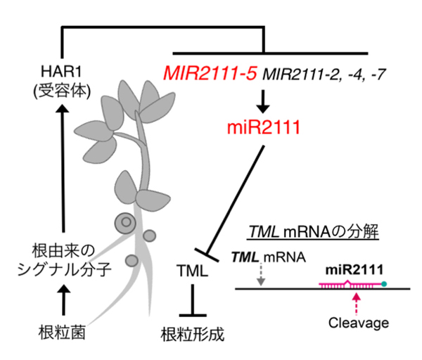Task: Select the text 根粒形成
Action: [x=193, y=332]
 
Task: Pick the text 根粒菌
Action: [x=62, y=332]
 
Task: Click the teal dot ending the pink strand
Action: [x=385, y=284]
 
